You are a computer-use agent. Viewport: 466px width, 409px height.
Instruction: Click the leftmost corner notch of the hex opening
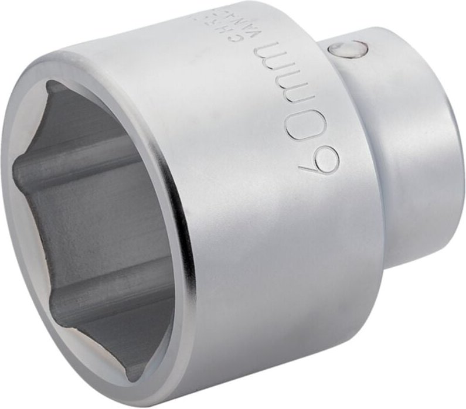point(18,170)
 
